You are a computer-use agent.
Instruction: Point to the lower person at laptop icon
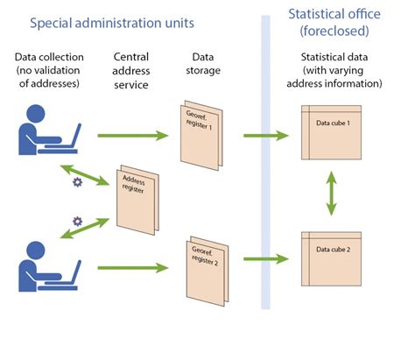(48, 263)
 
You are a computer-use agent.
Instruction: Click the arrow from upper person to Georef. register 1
(132, 136)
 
